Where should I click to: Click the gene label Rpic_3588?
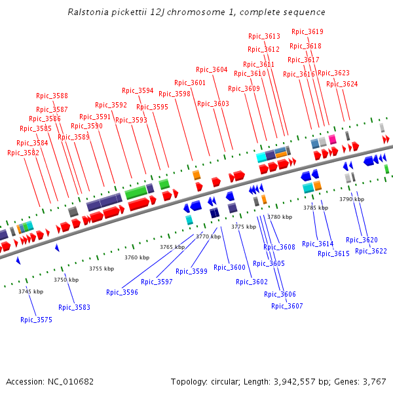52,96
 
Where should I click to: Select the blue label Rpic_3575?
36,320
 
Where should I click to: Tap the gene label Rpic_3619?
307,31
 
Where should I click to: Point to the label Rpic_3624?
342,84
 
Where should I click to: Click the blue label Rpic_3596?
122,292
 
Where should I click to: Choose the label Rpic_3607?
287,306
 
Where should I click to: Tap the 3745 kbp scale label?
31,291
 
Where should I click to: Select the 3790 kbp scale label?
351,198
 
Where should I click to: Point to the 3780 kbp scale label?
279,216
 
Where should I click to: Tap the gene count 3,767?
374,381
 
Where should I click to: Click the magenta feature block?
333,139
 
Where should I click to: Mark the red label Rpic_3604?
212,69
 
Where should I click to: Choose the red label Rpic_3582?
23,153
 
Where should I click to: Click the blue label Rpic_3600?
229,267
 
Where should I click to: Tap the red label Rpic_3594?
138,90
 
